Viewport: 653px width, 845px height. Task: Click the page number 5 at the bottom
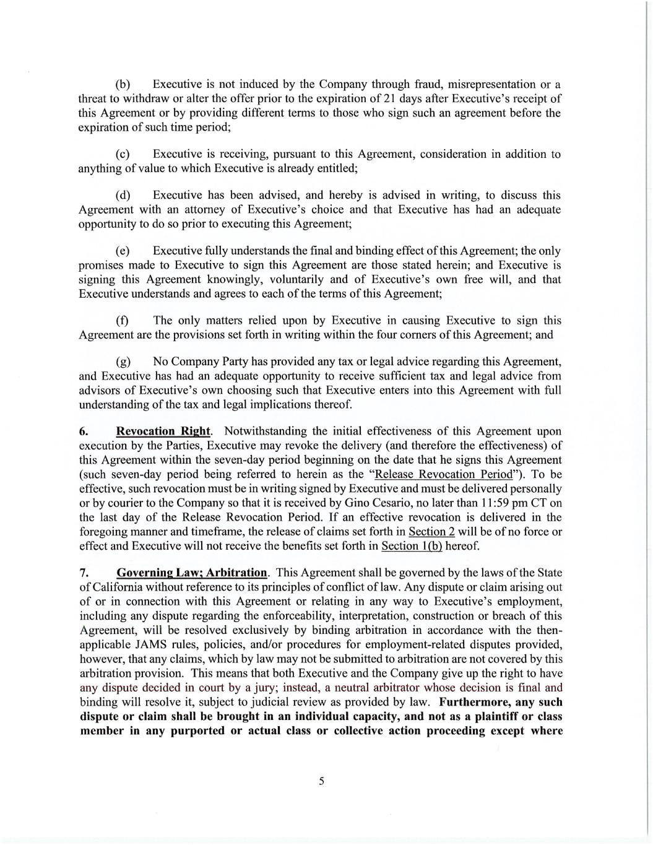pyautogui.click(x=321, y=781)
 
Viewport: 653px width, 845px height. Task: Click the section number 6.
pyautogui.click(x=82, y=431)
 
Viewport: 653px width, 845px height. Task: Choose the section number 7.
pyautogui.click(x=82, y=573)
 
